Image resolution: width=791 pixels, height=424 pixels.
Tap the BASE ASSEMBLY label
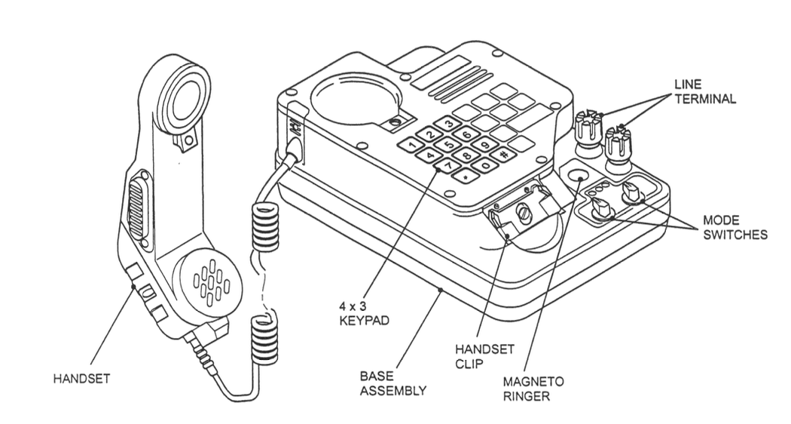tap(392, 383)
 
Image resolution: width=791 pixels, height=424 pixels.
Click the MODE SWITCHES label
tap(734, 226)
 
